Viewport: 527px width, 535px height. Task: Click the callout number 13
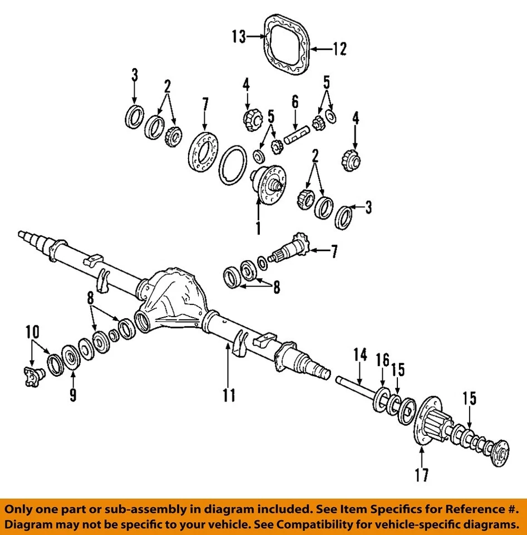(238, 37)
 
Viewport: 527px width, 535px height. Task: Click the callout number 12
(339, 49)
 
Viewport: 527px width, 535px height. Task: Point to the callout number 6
(295, 102)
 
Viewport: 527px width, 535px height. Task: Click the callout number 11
(229, 396)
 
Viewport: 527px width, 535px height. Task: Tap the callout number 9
(73, 395)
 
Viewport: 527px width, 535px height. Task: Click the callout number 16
(382, 359)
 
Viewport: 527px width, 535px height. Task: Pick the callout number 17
(421, 475)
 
